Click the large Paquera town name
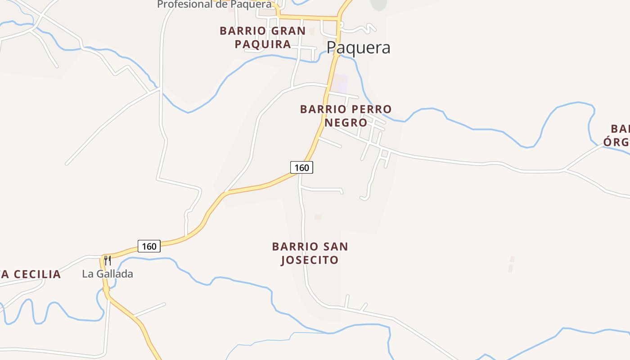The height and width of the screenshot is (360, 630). (x=358, y=48)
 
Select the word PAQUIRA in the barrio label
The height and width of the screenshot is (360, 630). (x=263, y=44)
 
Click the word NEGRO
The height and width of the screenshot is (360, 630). (x=346, y=122)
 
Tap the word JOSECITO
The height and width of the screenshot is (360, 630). (x=310, y=260)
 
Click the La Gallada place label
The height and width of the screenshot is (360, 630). (x=108, y=274)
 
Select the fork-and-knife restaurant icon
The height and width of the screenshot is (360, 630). (x=107, y=261)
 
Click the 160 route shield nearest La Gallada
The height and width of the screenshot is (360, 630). (x=149, y=246)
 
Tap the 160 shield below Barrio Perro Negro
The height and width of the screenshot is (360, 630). (x=301, y=167)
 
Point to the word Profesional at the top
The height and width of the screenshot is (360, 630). (x=184, y=4)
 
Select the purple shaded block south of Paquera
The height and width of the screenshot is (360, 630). (x=342, y=83)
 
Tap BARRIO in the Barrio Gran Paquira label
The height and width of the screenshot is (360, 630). (x=243, y=31)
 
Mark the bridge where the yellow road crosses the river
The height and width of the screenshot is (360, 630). (x=107, y=289)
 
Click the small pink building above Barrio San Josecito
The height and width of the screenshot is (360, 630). (x=318, y=217)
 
